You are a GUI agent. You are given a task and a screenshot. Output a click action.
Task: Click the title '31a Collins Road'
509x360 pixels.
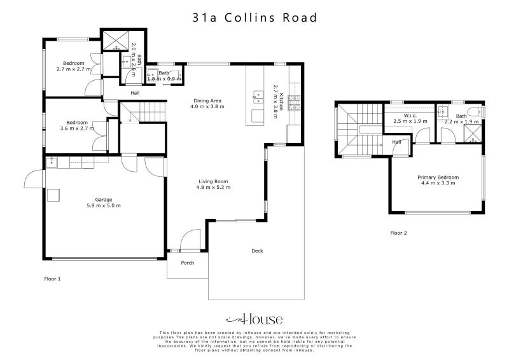point(254,18)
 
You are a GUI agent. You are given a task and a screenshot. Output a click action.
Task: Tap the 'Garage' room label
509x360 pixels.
point(104,199)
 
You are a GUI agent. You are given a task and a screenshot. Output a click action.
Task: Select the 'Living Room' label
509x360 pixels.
point(214,181)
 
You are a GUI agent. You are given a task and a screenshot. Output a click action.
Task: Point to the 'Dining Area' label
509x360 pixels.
point(207,100)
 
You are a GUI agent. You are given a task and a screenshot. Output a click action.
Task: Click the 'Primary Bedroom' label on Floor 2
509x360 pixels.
point(438,177)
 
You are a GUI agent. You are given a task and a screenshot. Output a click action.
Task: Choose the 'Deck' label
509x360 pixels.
point(257,251)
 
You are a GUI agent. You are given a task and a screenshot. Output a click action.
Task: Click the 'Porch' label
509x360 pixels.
point(188,263)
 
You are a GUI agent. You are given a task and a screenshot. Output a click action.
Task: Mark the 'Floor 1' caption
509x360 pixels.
point(52,279)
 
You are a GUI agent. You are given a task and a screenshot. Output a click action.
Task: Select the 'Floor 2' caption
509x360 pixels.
point(398,233)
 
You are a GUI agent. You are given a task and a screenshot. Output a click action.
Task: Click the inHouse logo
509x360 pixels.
point(254,319)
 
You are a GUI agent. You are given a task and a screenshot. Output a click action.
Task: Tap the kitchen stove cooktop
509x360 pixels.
point(294,102)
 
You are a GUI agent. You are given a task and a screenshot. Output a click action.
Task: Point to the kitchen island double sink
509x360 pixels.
point(258,97)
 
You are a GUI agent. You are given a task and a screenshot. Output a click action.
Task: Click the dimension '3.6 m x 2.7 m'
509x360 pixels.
point(77,128)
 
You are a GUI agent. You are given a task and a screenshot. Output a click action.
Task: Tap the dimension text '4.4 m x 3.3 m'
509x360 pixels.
point(438,184)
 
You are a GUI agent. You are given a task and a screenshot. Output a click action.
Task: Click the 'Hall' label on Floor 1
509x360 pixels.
point(135,93)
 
